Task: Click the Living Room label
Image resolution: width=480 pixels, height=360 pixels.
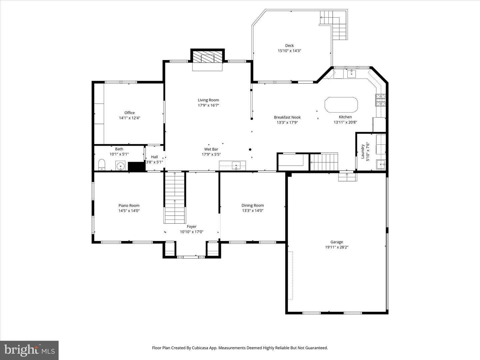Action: (208, 100)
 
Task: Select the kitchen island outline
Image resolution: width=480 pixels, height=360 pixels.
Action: (341, 105)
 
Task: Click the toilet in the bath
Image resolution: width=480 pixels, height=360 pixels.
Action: (102, 164)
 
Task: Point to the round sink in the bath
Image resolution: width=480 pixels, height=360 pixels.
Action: (120, 165)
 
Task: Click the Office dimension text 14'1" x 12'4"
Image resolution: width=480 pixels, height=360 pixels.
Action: (130, 118)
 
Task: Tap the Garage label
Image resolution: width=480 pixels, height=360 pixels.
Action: (337, 242)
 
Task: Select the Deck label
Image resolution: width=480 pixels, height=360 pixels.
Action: (289, 46)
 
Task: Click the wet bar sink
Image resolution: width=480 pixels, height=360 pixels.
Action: (236, 165)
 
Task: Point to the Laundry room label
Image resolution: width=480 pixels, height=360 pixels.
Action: (363, 152)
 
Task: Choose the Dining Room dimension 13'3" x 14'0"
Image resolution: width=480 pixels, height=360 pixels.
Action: (253, 211)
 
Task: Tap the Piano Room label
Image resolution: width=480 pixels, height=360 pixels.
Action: (129, 206)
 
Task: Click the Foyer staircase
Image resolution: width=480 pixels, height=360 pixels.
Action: (175, 197)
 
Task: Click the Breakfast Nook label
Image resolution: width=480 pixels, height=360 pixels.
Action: (287, 117)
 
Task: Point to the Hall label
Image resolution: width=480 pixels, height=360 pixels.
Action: (154, 157)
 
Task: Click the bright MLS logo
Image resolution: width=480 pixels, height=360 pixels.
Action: (29, 350)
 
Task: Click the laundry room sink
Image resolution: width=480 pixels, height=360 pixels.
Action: (381, 164)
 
